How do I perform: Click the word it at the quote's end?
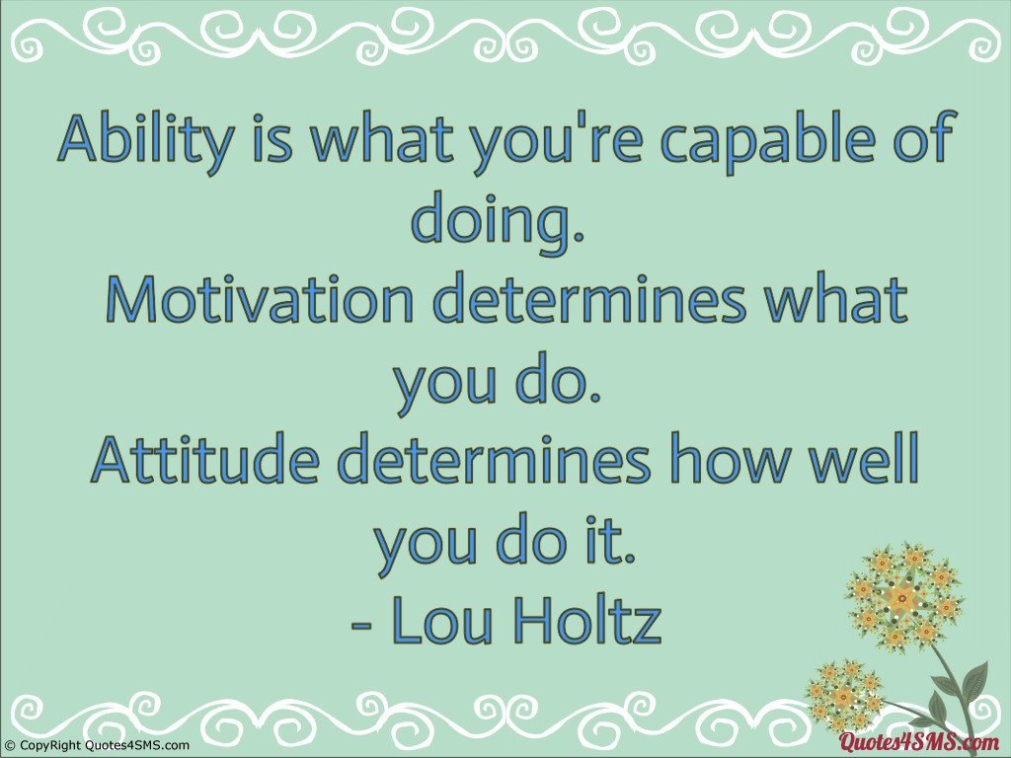click(613, 539)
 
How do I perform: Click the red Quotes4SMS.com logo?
click(918, 742)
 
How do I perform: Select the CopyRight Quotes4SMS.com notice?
click(96, 746)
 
